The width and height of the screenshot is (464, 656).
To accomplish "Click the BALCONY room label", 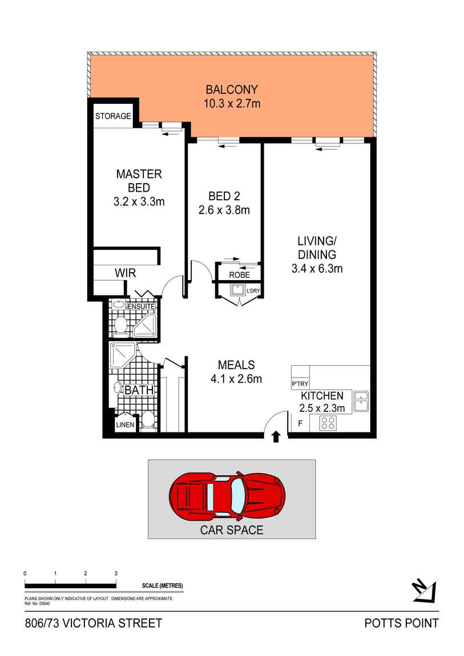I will point(232,90).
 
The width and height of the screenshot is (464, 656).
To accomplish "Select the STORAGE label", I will point(113,116).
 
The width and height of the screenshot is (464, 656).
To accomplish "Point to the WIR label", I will point(125,273).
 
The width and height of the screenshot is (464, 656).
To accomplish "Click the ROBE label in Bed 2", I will point(239,275).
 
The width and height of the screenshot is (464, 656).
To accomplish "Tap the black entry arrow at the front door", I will point(276,437).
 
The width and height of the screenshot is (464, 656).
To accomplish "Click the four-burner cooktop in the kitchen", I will point(328,423).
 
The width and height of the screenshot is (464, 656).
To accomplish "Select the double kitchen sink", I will point(361,401).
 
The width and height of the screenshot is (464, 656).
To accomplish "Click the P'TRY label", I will point(299,384).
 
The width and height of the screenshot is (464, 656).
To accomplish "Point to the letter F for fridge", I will point(299,423).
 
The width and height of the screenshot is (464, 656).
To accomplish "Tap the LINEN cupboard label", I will point(125,425).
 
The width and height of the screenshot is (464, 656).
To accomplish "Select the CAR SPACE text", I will point(231,530).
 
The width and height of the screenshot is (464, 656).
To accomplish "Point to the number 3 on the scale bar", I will point(116,573).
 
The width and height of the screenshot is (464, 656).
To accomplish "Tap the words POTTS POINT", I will point(402,623).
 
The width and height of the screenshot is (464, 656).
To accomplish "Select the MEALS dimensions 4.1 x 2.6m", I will point(236,378).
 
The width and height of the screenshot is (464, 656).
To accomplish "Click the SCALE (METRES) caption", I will point(162,586).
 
